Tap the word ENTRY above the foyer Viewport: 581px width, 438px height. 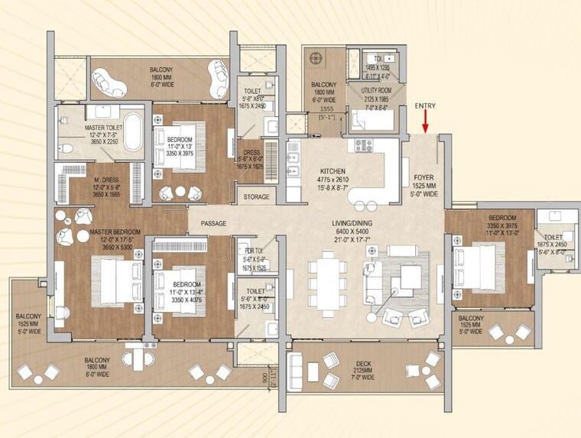pyautogui.click(x=426, y=106)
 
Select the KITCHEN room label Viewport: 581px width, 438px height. pyautogui.click(x=333, y=171)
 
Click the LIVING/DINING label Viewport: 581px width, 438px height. pyautogui.click(x=352, y=223)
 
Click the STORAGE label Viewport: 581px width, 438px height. pyautogui.click(x=256, y=197)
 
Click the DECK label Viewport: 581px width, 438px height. pyautogui.click(x=363, y=365)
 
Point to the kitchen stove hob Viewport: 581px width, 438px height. pyautogui.click(x=361, y=144)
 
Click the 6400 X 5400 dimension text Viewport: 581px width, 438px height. pyautogui.click(x=352, y=231)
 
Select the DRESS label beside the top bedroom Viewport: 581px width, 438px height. pyautogui.click(x=252, y=152)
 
